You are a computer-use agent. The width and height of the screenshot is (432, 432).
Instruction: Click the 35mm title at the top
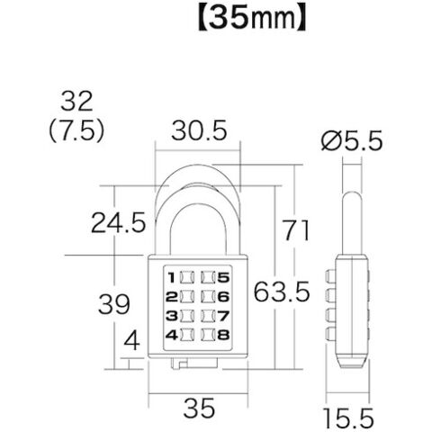[x=252, y=19]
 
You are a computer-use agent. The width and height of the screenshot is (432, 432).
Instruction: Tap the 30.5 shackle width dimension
[x=199, y=130]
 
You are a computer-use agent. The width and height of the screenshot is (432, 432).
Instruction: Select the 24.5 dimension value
[x=118, y=222]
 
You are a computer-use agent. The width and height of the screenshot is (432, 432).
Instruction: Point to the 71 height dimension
[x=296, y=230]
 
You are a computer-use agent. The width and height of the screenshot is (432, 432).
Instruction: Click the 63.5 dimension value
[x=282, y=292]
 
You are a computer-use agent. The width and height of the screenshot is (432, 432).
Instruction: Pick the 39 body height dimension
[x=114, y=304]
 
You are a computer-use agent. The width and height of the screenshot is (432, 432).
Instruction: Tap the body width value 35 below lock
[x=199, y=408]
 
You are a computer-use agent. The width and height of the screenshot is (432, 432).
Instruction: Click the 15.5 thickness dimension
[x=348, y=418]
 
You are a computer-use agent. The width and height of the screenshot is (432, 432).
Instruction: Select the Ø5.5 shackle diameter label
[x=352, y=140]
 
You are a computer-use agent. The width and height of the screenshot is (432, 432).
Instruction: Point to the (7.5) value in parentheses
[x=76, y=130]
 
